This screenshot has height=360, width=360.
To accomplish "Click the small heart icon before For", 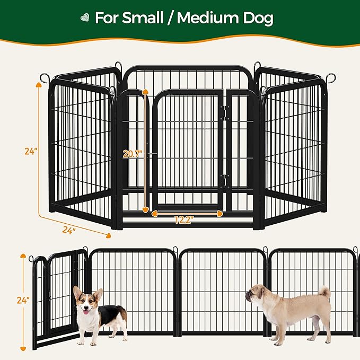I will point(83,18).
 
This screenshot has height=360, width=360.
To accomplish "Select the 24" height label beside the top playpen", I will point(31,151).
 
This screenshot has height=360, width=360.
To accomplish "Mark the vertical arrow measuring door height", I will point(145,151).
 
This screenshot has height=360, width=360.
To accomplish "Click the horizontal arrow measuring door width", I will point(187,213).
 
